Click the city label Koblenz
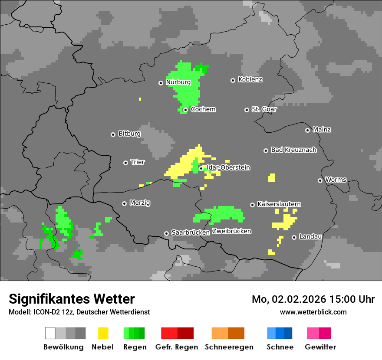[x=250, y=80]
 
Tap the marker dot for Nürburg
[x=161, y=82]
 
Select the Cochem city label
[x=203, y=109]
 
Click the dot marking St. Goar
[x=247, y=110]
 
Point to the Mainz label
[x=322, y=130]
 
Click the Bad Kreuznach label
[x=293, y=150]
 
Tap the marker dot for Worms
[x=320, y=180]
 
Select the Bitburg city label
[x=129, y=134]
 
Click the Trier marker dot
[x=125, y=163]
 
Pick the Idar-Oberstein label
[x=228, y=167]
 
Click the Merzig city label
[x=140, y=203]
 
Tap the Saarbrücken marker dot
[x=166, y=233]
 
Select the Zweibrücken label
[x=231, y=231]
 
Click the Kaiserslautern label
[x=279, y=204]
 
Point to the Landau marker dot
[x=294, y=237]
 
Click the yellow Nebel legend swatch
[x=103, y=333]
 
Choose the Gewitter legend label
[x=320, y=347]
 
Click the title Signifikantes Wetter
[x=72, y=299]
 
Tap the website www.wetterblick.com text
[x=313, y=312]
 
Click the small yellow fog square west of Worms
[x=271, y=177]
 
